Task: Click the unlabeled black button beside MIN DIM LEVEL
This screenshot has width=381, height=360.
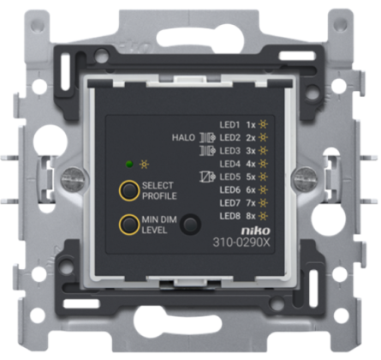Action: [190, 225]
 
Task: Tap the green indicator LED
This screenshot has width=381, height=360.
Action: [129, 165]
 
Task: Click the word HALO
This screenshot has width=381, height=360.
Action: [183, 138]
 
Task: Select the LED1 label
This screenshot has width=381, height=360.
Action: [230, 125]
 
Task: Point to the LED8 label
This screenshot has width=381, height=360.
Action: [230, 216]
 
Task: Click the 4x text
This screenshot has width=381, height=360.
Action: [251, 164]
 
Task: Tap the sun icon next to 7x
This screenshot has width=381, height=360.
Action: [263, 203]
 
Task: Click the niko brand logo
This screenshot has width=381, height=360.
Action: [255, 231]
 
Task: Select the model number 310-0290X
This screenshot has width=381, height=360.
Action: [241, 243]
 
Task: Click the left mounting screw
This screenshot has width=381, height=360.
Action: [73, 180]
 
